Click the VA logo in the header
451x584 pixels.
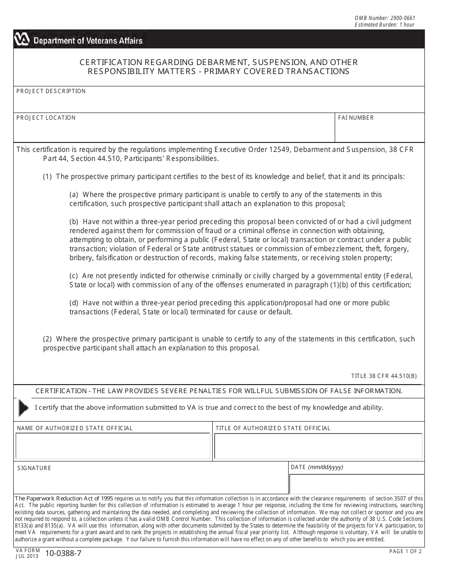[x=22, y=40]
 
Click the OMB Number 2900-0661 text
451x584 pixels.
[x=385, y=18]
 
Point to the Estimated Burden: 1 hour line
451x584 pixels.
[x=384, y=25]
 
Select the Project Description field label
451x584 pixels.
[x=51, y=91]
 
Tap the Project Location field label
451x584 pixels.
[x=46, y=118]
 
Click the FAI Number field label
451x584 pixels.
[x=356, y=118]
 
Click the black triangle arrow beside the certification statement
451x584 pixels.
[x=23, y=408]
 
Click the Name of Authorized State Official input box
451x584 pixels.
[x=113, y=446]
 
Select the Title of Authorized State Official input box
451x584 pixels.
[x=318, y=446]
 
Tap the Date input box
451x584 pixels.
[x=356, y=483]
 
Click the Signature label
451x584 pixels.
[x=34, y=468]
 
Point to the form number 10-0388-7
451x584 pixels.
[x=64, y=553]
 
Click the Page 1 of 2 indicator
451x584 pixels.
[x=405, y=551]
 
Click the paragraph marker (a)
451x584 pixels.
[x=74, y=195]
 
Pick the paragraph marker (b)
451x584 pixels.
[x=74, y=222]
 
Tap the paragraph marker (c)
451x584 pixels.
[x=74, y=276]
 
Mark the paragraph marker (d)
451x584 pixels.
[x=74, y=303]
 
